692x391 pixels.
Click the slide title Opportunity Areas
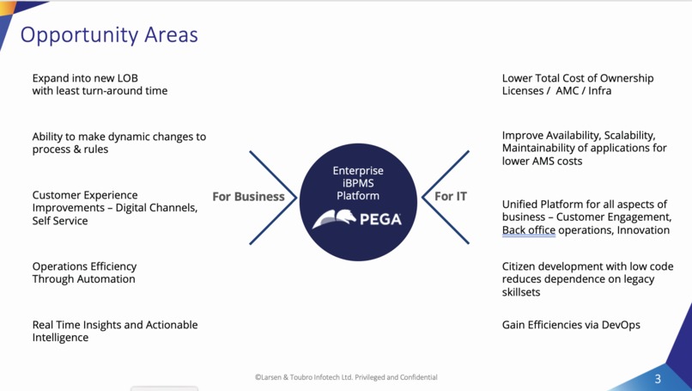[x=109, y=35]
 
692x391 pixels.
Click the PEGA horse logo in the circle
[x=334, y=220]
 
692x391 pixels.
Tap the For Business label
[x=248, y=197]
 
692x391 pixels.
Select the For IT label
[x=451, y=197]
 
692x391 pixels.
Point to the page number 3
[x=659, y=379]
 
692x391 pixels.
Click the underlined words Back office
[x=529, y=230]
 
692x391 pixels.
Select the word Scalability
[x=628, y=136]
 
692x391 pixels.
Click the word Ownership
[x=624, y=78]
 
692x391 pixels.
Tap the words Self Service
[x=60, y=221]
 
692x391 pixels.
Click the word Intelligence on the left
[x=60, y=338]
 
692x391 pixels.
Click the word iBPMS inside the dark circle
[x=358, y=183]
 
